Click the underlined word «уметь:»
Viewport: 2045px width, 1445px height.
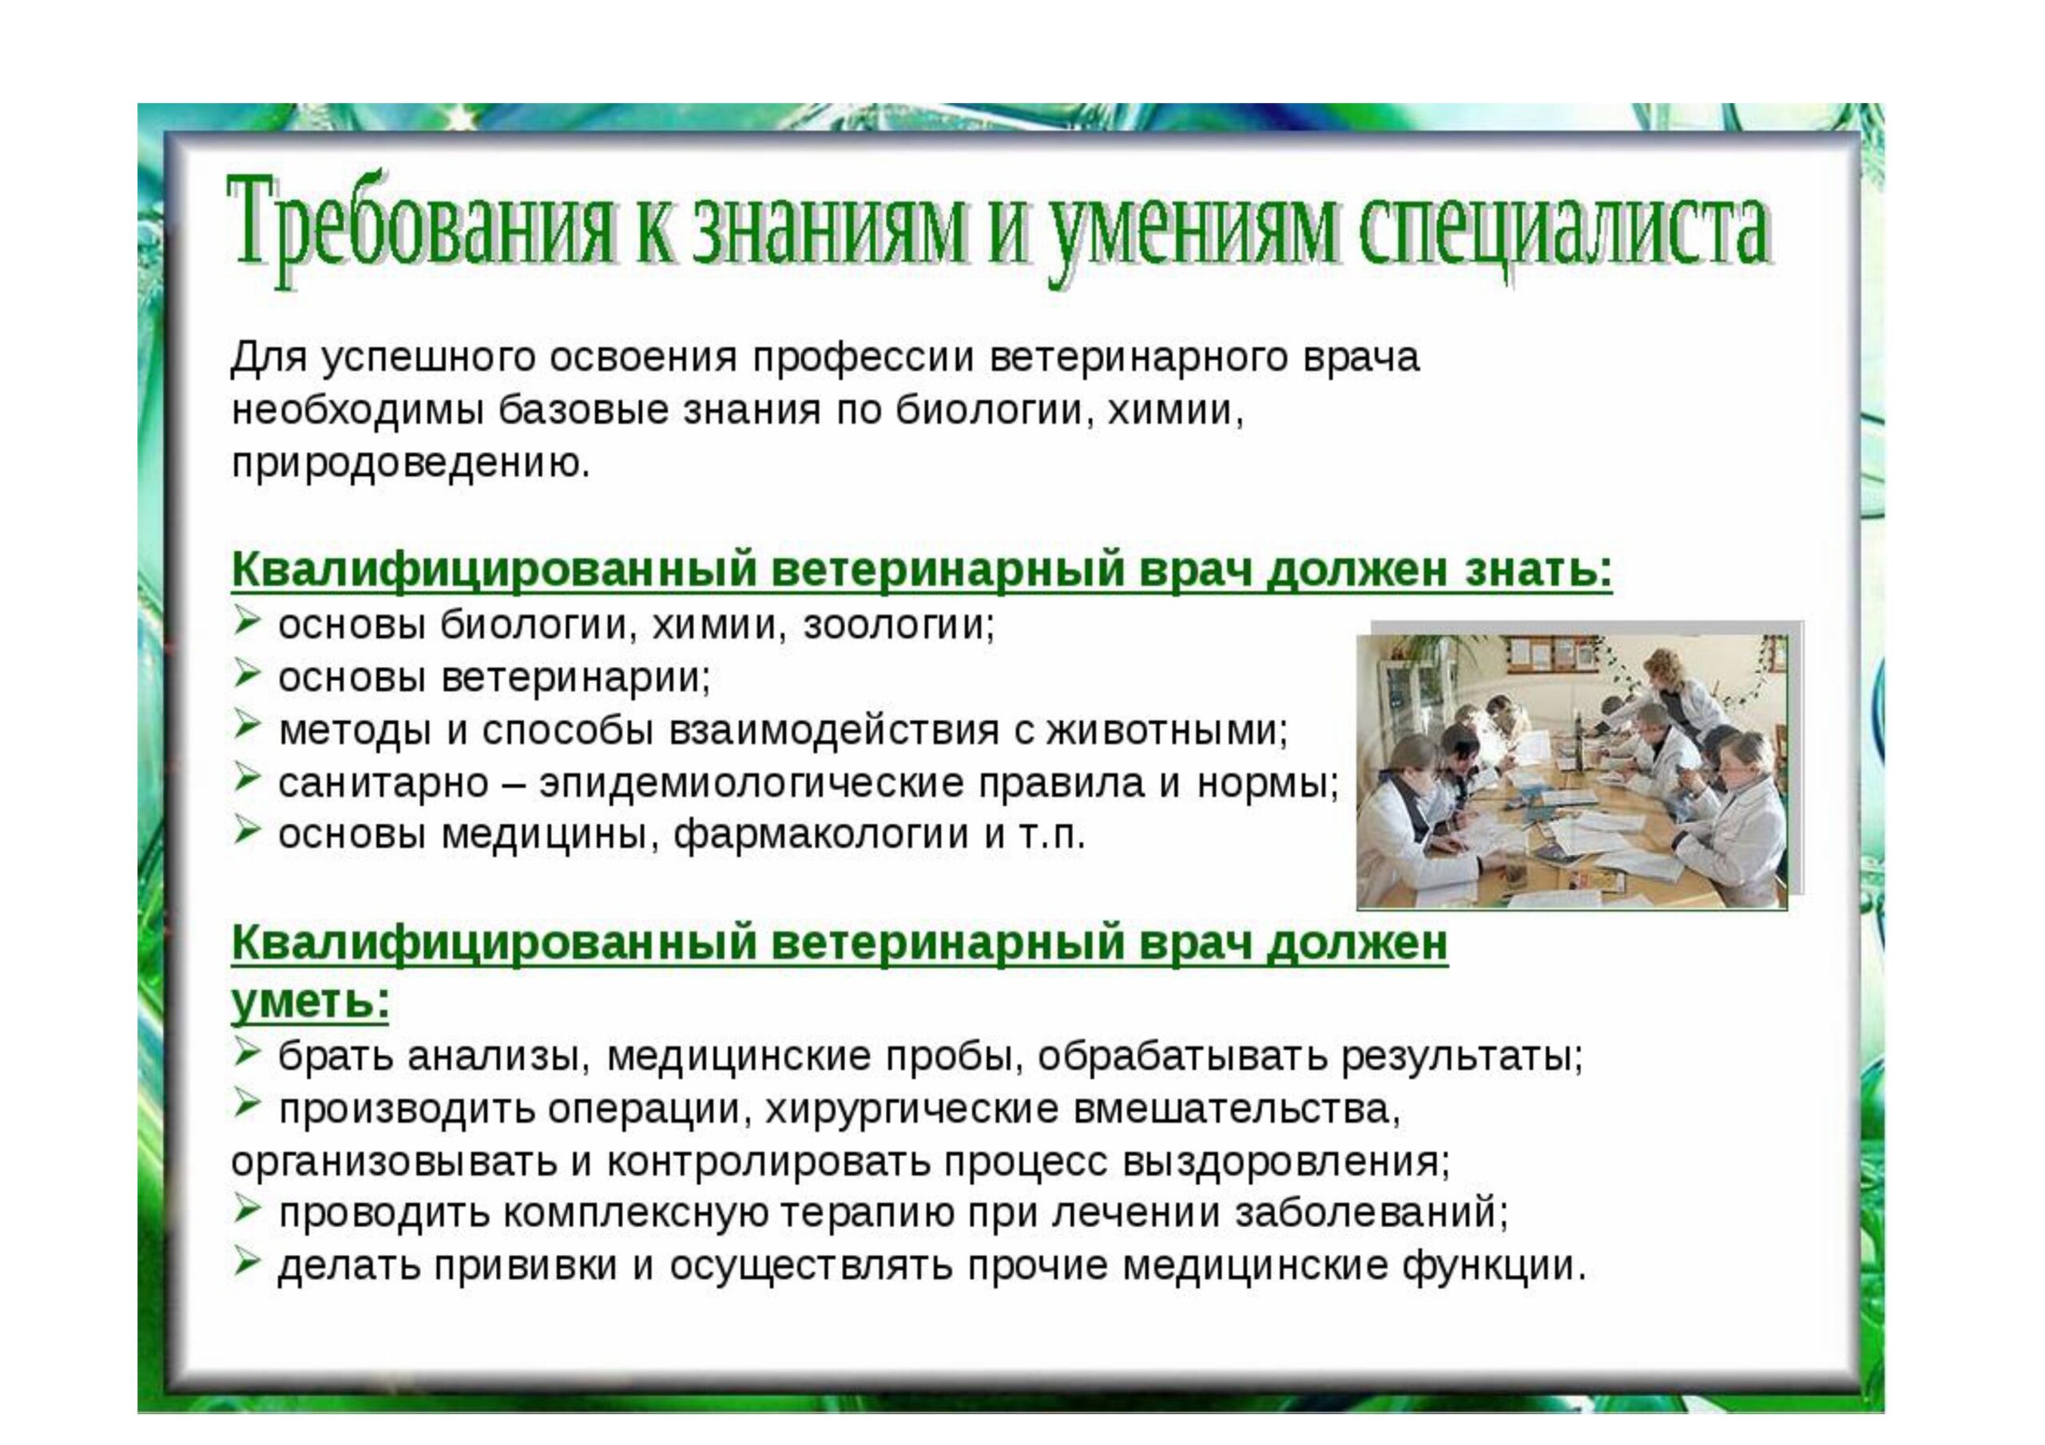310,1002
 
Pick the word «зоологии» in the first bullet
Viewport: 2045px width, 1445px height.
899,626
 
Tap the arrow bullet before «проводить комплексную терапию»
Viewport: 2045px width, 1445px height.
247,1211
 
